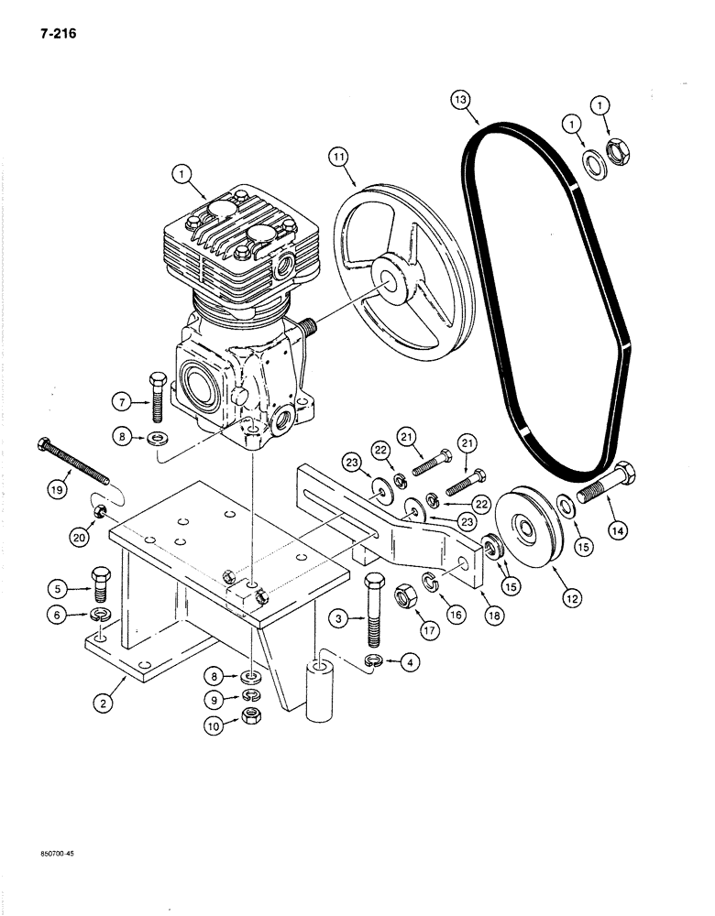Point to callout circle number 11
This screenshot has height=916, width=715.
click(340, 158)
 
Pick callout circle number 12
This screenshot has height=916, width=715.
click(571, 598)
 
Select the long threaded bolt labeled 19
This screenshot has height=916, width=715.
click(73, 463)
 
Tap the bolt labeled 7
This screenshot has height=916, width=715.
click(157, 395)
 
